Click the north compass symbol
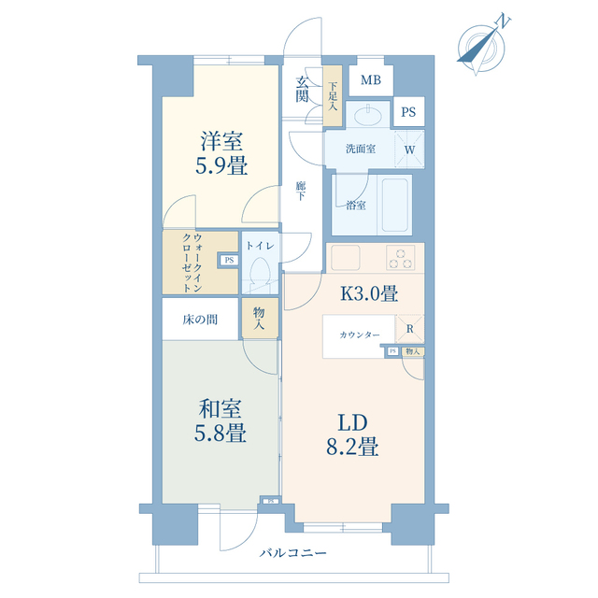click(x=481, y=48)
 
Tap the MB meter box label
click(x=371, y=80)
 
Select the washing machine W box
click(x=409, y=149)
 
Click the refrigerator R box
click(x=410, y=328)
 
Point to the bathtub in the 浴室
click(x=394, y=205)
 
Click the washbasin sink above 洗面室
click(x=367, y=113)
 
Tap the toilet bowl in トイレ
click(x=261, y=272)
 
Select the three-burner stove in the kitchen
click(x=400, y=258)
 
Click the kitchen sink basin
click(x=345, y=258)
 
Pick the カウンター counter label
click(x=359, y=335)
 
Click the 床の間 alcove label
click(x=200, y=320)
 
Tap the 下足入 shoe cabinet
click(x=333, y=95)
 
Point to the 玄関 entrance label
click(x=302, y=90)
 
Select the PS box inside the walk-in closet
click(x=229, y=261)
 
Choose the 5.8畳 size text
click(x=221, y=434)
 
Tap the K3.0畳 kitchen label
click(x=369, y=293)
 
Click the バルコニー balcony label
click(x=292, y=552)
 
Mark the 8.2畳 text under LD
click(x=352, y=447)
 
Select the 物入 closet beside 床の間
click(x=260, y=318)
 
